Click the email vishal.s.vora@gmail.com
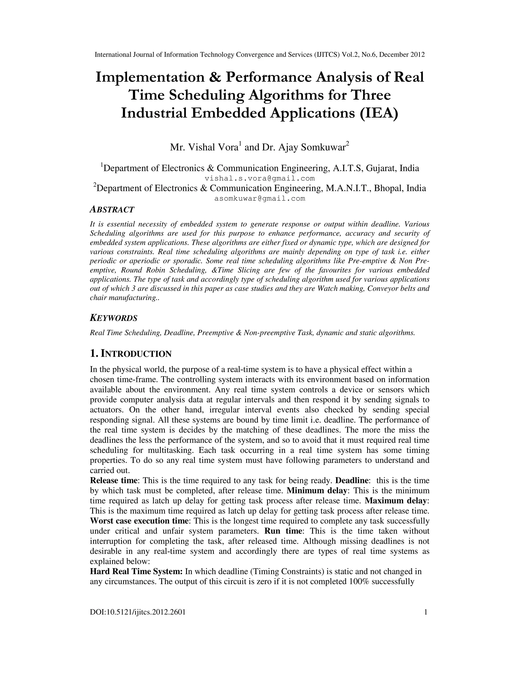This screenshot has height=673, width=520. coord(260,179)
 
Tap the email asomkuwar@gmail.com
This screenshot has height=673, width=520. coord(260,198)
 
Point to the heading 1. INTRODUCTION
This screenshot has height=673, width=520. coord(131,354)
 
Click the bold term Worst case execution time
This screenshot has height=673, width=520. coord(139,521)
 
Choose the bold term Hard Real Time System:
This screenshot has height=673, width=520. coord(136,572)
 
